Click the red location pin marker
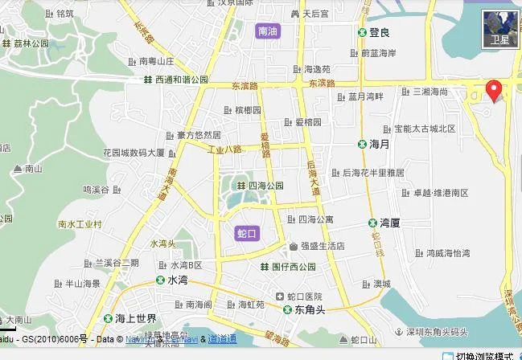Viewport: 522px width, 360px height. (x=495, y=90)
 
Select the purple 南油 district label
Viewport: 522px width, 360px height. (x=267, y=32)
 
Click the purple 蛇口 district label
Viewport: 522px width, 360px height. (x=247, y=233)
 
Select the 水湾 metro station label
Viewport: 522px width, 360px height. (x=177, y=280)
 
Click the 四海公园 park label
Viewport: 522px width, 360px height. (x=265, y=186)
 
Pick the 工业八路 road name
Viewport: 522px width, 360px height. (x=224, y=149)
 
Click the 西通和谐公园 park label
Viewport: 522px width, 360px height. (x=181, y=80)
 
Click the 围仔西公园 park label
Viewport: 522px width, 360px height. (x=294, y=267)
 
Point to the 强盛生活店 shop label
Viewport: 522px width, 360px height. (x=323, y=246)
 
